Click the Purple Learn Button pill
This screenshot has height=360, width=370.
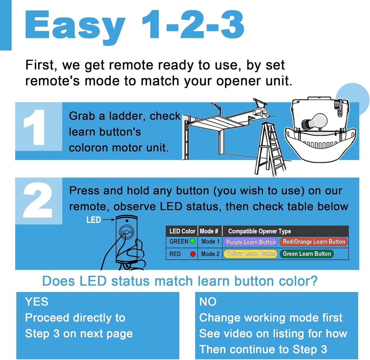251,242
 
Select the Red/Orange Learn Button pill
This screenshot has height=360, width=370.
314,242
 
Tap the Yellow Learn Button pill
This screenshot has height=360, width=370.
251,254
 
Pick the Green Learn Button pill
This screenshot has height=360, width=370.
307,254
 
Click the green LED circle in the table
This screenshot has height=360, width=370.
193,241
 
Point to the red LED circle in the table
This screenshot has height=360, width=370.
193,254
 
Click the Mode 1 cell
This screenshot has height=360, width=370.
210,242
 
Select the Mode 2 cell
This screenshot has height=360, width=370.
210,254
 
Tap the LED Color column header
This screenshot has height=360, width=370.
182,231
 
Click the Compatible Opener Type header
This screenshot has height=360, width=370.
259,231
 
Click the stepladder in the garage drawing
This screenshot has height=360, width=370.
271,149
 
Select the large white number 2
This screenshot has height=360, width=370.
38,200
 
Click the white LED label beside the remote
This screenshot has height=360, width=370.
94,220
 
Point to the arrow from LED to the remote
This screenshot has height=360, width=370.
108,220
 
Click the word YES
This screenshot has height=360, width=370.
36,302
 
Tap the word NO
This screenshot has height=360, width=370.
208,302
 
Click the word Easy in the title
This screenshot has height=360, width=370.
75,26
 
